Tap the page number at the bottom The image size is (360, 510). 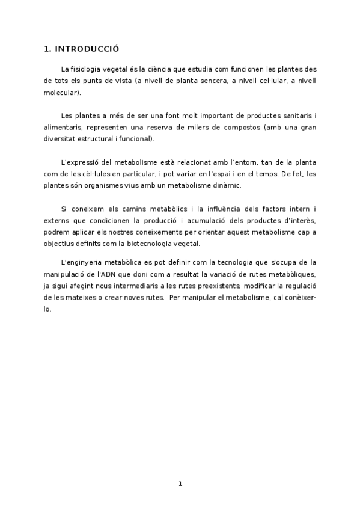click(x=180, y=484)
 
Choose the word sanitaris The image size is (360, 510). click(x=293, y=116)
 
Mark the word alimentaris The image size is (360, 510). click(x=63, y=127)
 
